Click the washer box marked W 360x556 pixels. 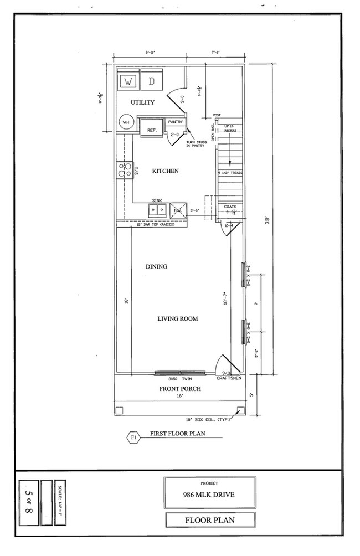pyautogui.click(x=128, y=81)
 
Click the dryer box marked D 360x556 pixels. pyautogui.click(x=151, y=81)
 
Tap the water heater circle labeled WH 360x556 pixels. pyautogui.click(x=125, y=123)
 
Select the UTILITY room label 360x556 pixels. pyautogui.click(x=142, y=103)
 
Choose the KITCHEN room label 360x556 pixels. pyautogui.click(x=165, y=171)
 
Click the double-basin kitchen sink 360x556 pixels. pyautogui.click(x=157, y=210)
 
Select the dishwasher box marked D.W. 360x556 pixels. pyautogui.click(x=178, y=210)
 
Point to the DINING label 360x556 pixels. pyautogui.click(x=156, y=266)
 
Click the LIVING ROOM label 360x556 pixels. pyautogui.click(x=177, y=318)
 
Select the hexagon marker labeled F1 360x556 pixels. pyautogui.click(x=133, y=437)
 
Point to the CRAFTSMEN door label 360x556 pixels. pyautogui.click(x=228, y=379)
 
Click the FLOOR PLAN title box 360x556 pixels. pyautogui.click(x=210, y=520)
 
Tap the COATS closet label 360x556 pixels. pyautogui.click(x=230, y=207)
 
